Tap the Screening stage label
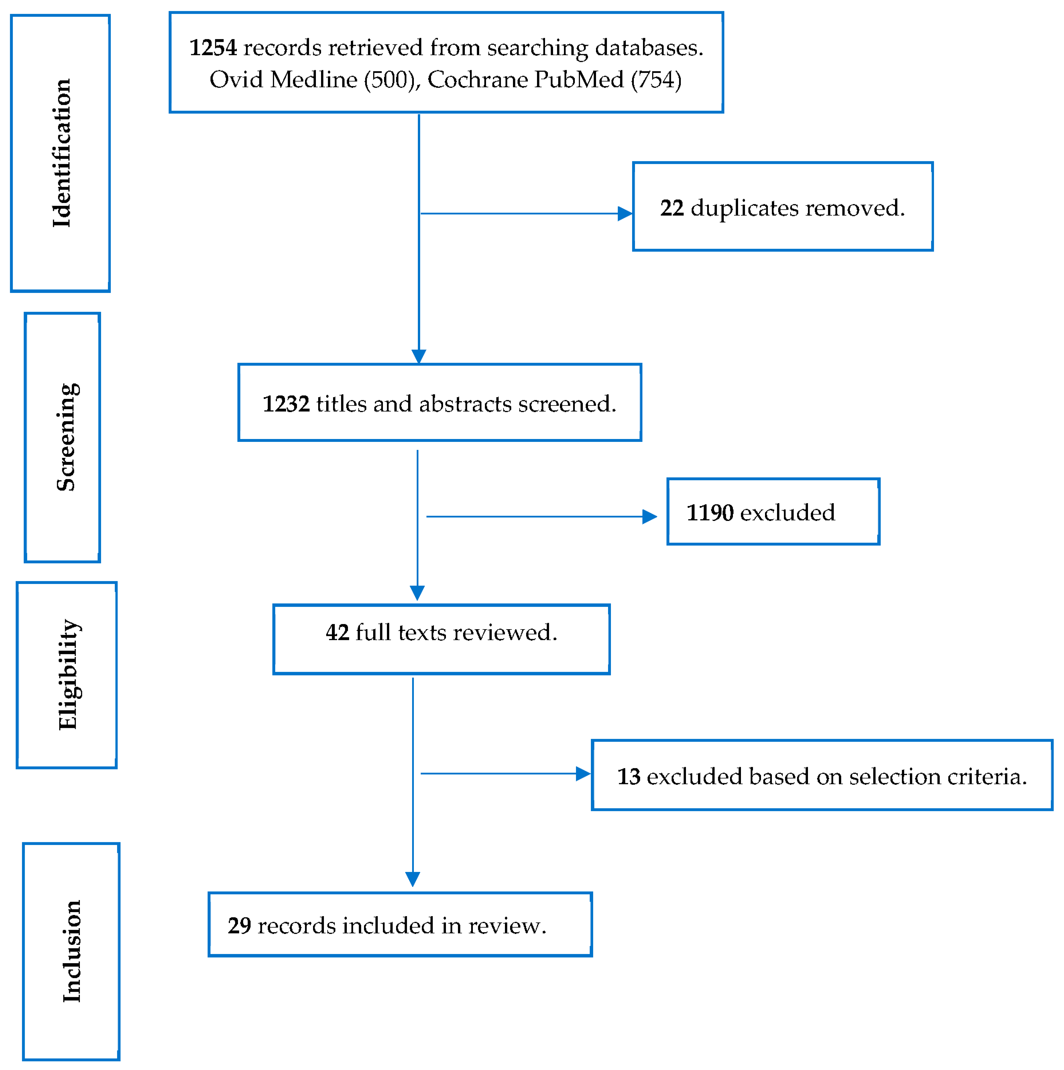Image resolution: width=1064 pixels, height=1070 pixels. pos(66,438)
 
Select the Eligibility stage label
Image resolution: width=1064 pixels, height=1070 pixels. pos(69,675)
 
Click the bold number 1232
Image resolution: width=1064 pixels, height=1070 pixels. pos(286,404)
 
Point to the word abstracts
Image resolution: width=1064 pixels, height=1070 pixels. pos(465,404)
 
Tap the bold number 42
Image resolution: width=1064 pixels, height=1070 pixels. pos(337,632)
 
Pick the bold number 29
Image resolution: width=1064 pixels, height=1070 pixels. pos(239,926)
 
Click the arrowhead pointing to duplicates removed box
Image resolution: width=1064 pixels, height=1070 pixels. pos(624,213)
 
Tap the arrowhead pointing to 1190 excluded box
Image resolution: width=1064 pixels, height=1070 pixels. pos(649,517)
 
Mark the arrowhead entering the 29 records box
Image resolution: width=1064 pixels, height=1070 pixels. pos(412,879)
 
